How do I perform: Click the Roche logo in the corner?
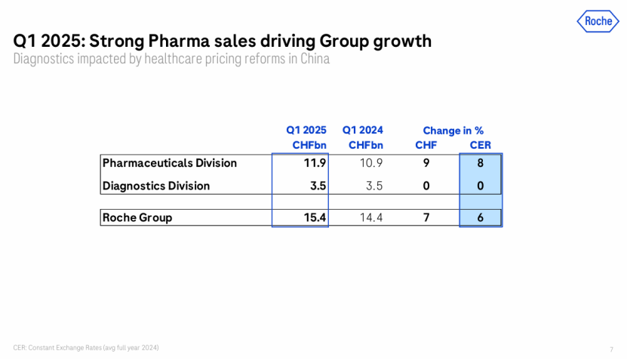click(x=598, y=21)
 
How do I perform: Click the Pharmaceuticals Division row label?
click(x=169, y=163)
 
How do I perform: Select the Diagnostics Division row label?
click(x=155, y=186)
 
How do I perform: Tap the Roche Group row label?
click(x=137, y=217)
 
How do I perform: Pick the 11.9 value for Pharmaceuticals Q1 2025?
click(x=314, y=163)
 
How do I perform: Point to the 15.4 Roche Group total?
click(x=313, y=217)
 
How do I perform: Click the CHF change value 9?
click(x=426, y=163)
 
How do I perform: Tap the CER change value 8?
click(x=480, y=163)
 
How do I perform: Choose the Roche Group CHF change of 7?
click(x=426, y=217)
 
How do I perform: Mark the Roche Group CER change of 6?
click(x=480, y=217)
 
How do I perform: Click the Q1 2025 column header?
click(x=306, y=131)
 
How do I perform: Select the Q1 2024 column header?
click(x=362, y=131)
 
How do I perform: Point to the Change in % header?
click(x=453, y=131)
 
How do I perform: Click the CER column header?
click(x=480, y=145)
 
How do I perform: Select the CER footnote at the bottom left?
click(x=86, y=347)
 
